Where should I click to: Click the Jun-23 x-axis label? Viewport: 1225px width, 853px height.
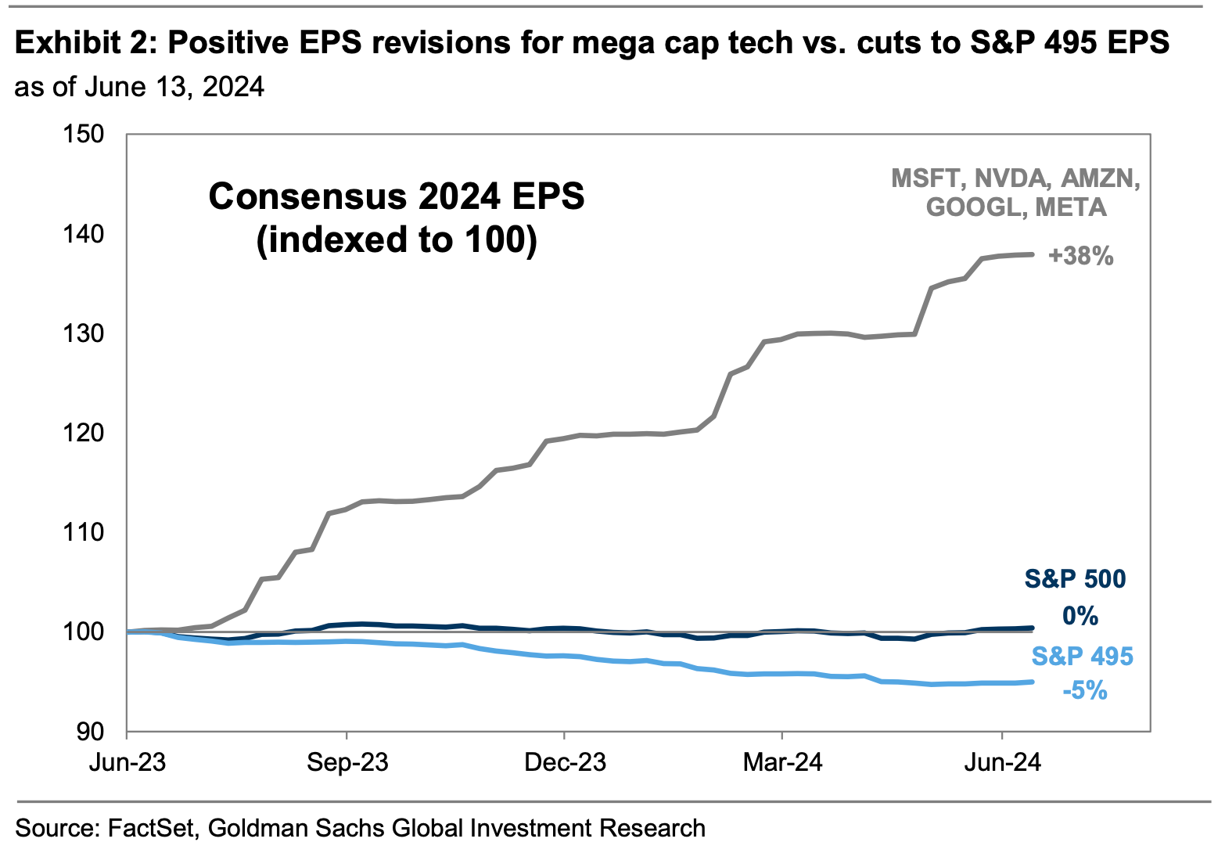pos(127,761)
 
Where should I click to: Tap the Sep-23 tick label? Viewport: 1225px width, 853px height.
pos(347,761)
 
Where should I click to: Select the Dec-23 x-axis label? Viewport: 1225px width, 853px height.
pos(565,761)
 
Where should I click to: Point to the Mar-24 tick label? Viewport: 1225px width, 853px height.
pos(782,761)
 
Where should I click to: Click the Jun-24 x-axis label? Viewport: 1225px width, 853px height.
pos(1002,761)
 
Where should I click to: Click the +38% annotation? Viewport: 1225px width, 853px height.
pos(1080,256)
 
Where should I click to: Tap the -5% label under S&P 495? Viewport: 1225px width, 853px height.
pos(1084,690)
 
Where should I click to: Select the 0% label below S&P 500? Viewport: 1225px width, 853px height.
pos(1080,617)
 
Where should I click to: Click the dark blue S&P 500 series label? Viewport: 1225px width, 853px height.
pos(1075,579)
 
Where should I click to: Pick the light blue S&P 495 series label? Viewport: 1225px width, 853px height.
pos(1082,656)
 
